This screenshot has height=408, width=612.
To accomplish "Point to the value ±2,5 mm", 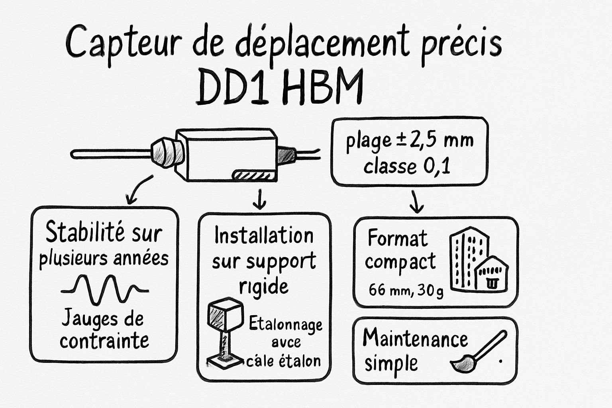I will (x=434, y=141).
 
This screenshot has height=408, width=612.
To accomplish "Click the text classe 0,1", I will (x=407, y=166).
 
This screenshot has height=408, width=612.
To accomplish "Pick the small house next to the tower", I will (x=492, y=274).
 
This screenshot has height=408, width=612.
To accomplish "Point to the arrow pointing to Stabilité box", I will (x=137, y=190).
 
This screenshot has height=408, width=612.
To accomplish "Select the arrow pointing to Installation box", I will (x=260, y=199).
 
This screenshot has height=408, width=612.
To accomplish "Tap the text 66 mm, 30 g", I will (x=406, y=290).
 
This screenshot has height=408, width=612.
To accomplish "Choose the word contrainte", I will (x=104, y=341).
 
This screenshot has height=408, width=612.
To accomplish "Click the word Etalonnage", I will (x=285, y=324).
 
